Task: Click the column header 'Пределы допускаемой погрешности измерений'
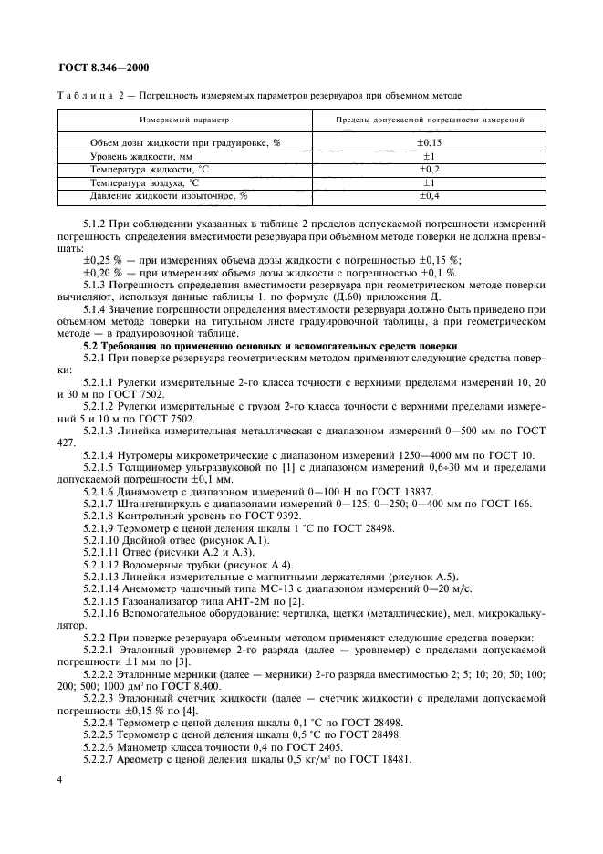(429, 120)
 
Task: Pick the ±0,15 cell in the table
(429, 143)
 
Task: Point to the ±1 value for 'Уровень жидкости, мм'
(429, 157)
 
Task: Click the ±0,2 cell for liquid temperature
(429, 170)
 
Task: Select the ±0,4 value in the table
(429, 195)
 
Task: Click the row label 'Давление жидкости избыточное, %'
(168, 195)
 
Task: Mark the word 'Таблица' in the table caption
(83, 95)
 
